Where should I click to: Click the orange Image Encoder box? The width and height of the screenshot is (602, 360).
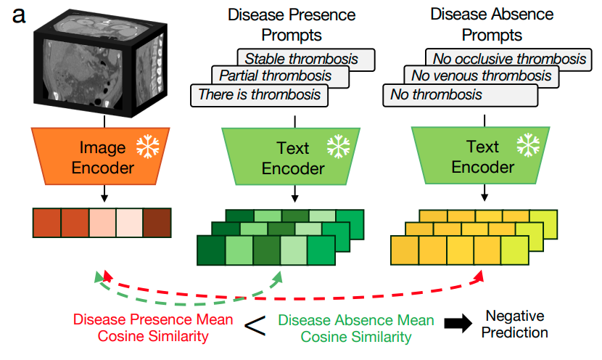(x=102, y=157)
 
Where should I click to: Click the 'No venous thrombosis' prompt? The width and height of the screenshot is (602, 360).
(x=481, y=75)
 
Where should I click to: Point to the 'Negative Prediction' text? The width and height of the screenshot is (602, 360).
(x=516, y=324)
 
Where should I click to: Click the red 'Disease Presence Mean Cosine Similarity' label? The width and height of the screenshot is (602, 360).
(x=153, y=328)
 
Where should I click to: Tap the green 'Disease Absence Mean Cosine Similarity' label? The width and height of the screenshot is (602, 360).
(x=356, y=328)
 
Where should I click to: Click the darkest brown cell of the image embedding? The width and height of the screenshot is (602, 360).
(x=157, y=224)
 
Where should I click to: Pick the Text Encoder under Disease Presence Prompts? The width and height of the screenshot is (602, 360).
(x=292, y=157)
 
